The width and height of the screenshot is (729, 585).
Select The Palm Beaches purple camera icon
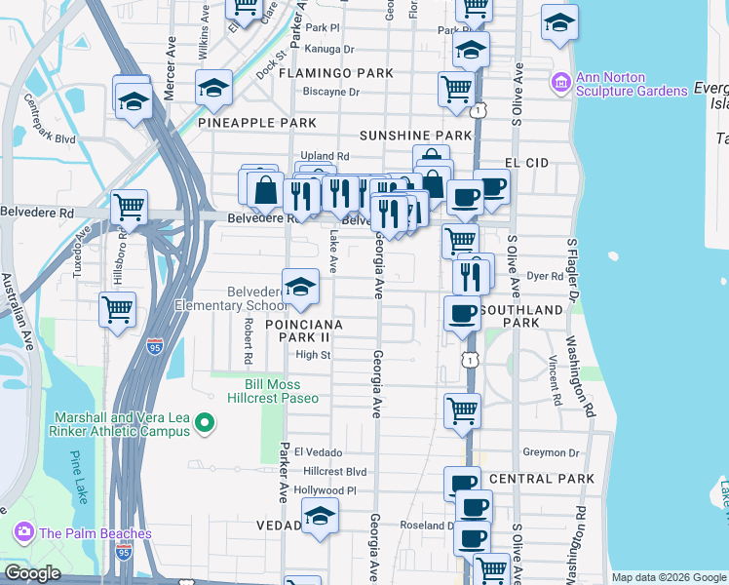click(24, 532)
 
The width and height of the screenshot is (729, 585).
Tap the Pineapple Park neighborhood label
click(257, 123)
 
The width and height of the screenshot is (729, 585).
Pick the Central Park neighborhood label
click(541, 479)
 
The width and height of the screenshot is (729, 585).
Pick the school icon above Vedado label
click(319, 516)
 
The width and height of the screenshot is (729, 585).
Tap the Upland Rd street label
click(325, 156)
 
